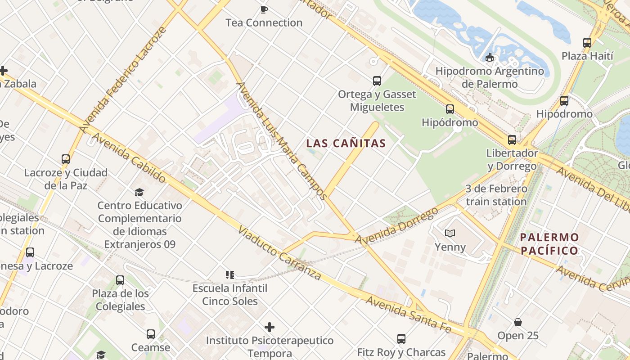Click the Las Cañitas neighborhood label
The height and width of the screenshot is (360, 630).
pyautogui.click(x=346, y=144)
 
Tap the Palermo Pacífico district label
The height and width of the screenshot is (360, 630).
pyautogui.click(x=549, y=244)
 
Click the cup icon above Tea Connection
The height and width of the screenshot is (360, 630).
pyautogui.click(x=264, y=9)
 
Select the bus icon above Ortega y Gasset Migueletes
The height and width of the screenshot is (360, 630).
pyautogui.click(x=377, y=81)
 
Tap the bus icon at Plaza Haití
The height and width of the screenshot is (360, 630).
pyautogui.click(x=587, y=43)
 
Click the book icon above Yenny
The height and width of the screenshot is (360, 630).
pyautogui.click(x=450, y=233)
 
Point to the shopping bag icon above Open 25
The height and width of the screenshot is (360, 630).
pyautogui.click(x=518, y=322)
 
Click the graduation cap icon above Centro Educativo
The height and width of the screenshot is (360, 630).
pyautogui.click(x=139, y=192)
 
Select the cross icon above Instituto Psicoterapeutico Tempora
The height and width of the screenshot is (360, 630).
pyautogui.click(x=270, y=327)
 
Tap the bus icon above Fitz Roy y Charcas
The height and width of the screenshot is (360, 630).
pyautogui.click(x=401, y=338)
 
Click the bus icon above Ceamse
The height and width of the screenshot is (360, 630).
pyautogui.click(x=151, y=334)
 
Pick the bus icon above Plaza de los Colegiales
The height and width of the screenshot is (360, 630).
pyautogui.click(x=120, y=280)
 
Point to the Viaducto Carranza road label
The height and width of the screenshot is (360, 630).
pyautogui.click(x=279, y=253)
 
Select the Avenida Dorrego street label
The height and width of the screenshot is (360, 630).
pyautogui.click(x=396, y=226)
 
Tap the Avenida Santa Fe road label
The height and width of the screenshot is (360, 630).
pyautogui.click(x=408, y=315)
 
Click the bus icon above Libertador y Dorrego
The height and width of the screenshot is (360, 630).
pyautogui.click(x=512, y=140)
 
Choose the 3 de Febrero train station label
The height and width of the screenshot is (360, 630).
pyautogui.click(x=496, y=195)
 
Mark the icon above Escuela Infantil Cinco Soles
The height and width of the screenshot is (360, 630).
pyautogui.click(x=230, y=274)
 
